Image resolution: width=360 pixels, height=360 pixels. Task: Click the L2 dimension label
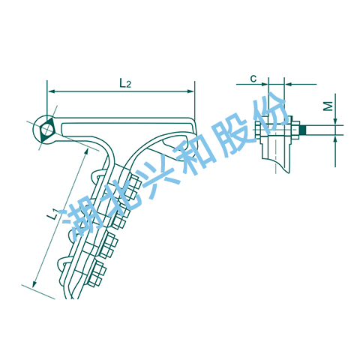click(x=125, y=83)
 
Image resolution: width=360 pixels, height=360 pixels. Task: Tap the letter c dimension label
click(x=253, y=79)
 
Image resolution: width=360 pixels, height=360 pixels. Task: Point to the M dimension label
click(x=328, y=106)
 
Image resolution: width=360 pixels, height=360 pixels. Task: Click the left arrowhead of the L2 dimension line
click(x=51, y=91)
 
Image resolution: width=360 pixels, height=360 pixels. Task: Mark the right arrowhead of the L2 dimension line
click(x=190, y=91)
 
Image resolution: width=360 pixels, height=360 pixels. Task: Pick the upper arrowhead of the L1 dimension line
click(x=86, y=151)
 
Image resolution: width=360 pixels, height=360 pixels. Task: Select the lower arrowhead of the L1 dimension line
click(x=34, y=283)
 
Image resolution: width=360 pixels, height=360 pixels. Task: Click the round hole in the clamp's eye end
click(x=46, y=130)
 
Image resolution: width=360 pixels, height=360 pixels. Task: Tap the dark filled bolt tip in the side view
click(x=303, y=130)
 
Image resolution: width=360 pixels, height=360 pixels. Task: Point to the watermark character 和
click(x=197, y=154)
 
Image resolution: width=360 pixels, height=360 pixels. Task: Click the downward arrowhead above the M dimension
click(x=335, y=121)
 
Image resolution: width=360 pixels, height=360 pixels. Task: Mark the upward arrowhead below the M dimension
click(x=335, y=139)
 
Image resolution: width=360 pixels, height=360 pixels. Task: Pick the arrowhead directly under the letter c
click(x=265, y=85)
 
